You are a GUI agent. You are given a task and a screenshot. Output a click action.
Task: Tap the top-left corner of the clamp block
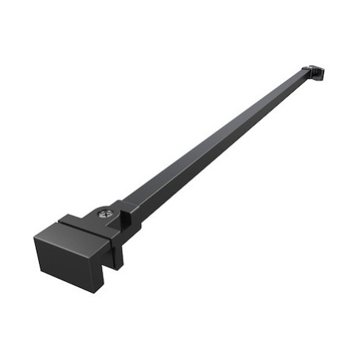[34, 236]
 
